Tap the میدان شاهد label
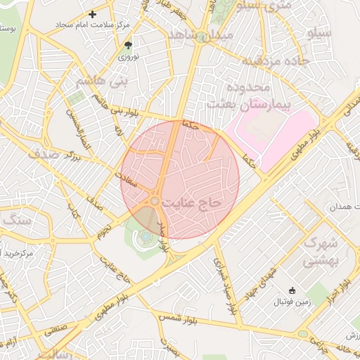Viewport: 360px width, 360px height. coord(205,36)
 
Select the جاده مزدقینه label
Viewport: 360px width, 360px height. coord(275,61)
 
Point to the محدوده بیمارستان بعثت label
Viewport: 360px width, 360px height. coord(237,96)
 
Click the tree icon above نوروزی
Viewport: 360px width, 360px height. coord(127,44)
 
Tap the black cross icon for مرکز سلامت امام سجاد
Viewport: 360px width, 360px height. coord(93,14)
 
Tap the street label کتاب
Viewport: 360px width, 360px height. coord(70,210)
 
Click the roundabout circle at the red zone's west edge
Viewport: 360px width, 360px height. coord(154,202)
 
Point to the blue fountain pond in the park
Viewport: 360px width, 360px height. coord(145,237)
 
